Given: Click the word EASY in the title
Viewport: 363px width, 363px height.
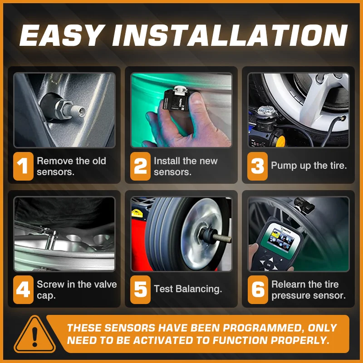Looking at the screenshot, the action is [61, 35].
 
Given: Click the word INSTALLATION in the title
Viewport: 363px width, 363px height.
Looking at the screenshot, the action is [230, 35].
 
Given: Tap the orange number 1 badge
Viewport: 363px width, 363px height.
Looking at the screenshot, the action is [24, 166].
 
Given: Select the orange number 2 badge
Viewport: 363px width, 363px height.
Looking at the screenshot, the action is [140, 166].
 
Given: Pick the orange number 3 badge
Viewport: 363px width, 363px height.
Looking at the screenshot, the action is [257, 166].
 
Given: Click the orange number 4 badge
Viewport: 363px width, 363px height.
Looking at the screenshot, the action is [24, 289].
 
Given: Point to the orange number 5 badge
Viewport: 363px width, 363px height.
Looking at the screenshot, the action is [140, 289].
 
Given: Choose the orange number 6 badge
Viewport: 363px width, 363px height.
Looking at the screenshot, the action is [258, 289].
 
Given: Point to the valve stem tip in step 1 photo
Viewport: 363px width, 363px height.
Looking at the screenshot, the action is [81, 112].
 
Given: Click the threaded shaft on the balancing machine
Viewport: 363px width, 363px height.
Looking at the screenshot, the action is [222, 237].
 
